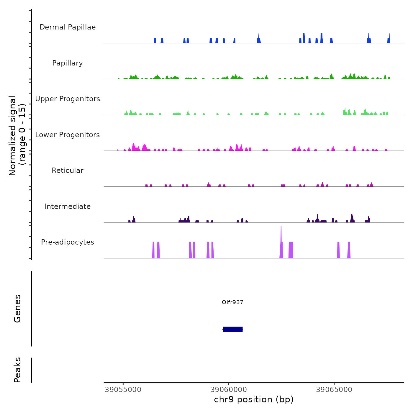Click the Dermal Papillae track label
point(68,27)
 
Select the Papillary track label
point(68,63)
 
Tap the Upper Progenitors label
point(68,99)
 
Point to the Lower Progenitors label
point(68,135)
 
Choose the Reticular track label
point(68,171)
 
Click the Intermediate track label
point(68,206)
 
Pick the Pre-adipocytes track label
point(68,242)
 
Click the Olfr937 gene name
point(232,302)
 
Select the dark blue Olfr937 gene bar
point(233,329)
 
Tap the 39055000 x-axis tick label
point(123,390)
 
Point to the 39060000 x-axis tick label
point(229,390)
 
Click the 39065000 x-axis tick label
point(334,390)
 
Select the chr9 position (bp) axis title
point(254,400)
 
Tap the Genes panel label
point(17,309)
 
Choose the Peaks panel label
point(17,370)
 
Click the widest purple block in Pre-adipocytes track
point(291,250)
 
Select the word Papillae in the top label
point(82,27)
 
